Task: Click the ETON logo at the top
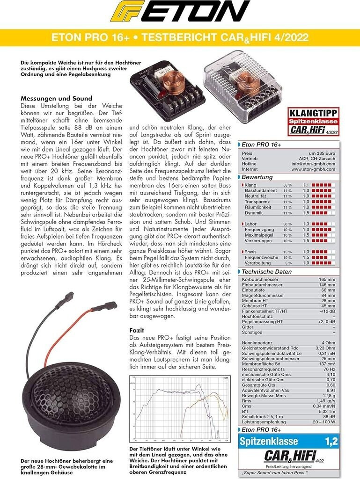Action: click(180, 12)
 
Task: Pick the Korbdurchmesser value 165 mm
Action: click(326, 279)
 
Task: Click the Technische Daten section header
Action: click(267, 272)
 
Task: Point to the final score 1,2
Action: click(331, 441)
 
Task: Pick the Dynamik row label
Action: click(253, 213)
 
